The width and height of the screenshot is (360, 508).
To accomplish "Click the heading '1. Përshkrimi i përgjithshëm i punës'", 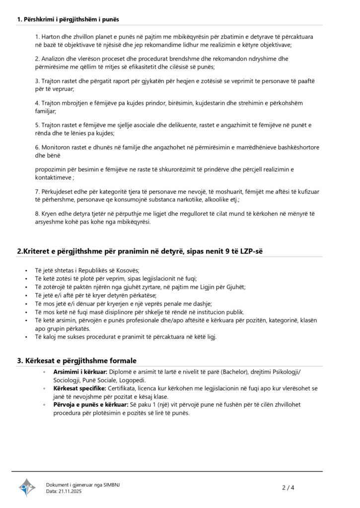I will pos(68,19).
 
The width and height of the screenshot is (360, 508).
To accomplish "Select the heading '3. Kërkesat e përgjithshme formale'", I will pos(77,360).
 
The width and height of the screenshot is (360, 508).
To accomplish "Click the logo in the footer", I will pos(27,487).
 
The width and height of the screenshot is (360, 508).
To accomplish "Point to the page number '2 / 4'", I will pos(288,488).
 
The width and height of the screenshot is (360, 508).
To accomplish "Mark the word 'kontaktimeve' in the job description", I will pos(54,177).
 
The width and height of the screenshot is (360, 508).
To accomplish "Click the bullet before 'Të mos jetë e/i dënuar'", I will pos(26,304).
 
